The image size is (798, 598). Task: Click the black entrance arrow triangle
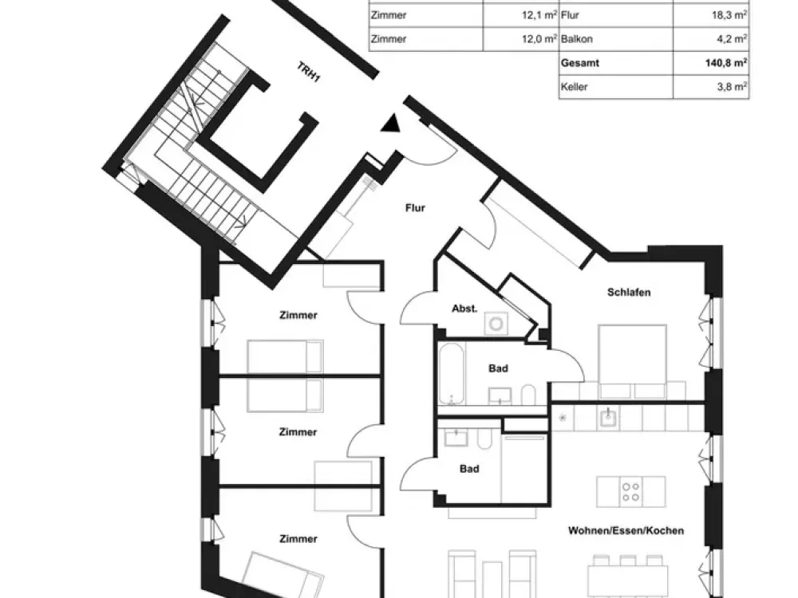(391, 124)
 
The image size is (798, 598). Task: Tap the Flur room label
(415, 207)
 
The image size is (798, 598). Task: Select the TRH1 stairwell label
(308, 72)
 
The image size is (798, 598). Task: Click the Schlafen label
(629, 293)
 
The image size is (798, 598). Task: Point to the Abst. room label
(464, 309)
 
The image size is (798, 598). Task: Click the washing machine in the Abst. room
(496, 324)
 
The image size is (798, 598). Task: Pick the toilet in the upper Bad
(528, 395)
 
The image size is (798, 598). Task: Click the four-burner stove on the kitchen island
(631, 492)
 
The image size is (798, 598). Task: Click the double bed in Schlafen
(633, 361)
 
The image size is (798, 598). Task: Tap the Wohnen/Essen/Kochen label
(626, 531)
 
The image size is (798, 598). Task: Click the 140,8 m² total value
(726, 62)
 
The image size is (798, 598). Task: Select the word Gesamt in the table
(579, 63)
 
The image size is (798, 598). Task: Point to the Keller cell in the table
(574, 87)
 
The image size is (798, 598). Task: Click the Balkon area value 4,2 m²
(732, 38)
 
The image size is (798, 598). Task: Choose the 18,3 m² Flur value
(729, 15)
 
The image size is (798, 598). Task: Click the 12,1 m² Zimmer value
(539, 15)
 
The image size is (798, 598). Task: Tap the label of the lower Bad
(469, 469)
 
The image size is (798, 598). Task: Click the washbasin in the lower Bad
(456, 438)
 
